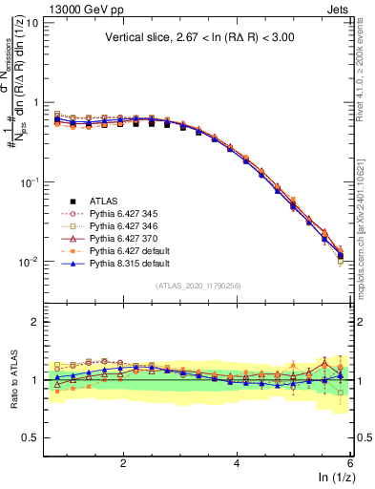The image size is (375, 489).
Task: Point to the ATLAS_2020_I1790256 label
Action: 198,286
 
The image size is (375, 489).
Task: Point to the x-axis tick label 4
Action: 237,462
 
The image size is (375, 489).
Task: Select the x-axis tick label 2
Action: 123,462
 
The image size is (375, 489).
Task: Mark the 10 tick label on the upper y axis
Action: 32,22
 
